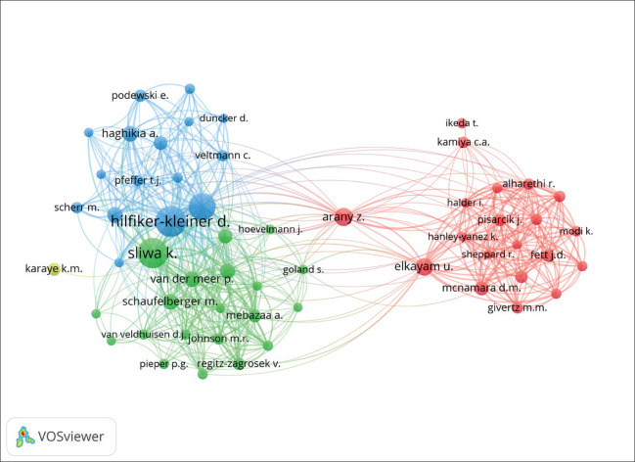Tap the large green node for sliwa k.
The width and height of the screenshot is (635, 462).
[152, 256]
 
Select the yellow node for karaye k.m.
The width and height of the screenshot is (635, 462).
[55, 268]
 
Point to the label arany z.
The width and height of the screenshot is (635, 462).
[343, 217]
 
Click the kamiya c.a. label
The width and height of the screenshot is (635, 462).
[464, 143]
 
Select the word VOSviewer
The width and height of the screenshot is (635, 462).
[73, 437]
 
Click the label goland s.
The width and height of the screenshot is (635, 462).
[302, 269]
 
